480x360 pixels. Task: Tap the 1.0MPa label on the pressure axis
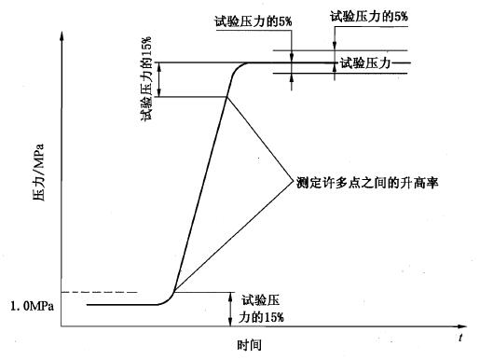29,305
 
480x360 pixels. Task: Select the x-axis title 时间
249,344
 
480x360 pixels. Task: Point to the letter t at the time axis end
460,335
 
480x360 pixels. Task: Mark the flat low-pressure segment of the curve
121,304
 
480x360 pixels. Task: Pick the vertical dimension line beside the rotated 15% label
160,79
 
